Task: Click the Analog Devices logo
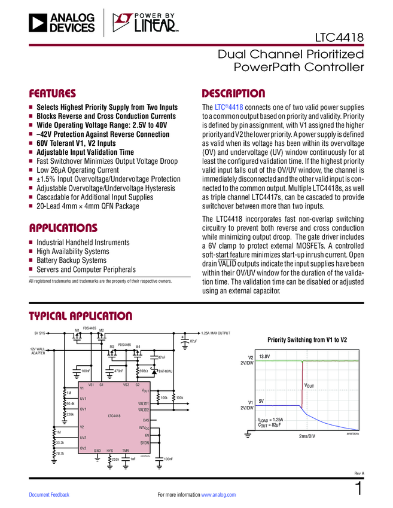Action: (62, 23)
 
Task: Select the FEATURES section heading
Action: (53, 94)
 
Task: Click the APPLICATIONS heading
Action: (63, 228)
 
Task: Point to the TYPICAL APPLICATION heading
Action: (81, 316)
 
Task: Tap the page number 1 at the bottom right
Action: (359, 489)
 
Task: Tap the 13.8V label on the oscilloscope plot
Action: (265, 356)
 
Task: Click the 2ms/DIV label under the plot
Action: (307, 437)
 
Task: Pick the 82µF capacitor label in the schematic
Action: (193, 341)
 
